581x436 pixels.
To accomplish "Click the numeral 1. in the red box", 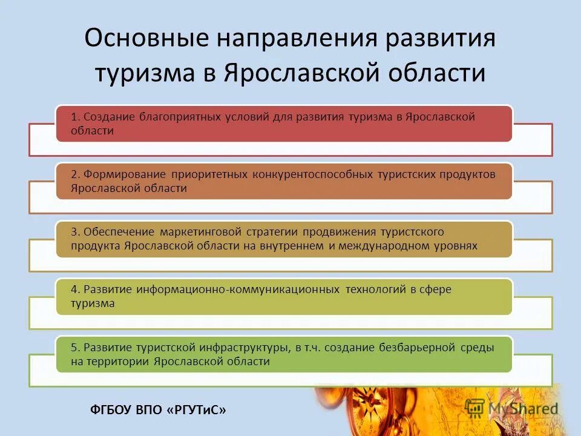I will click(74, 117).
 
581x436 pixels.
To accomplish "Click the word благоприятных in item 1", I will click(177, 117).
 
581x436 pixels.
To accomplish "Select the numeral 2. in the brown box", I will click(75, 174).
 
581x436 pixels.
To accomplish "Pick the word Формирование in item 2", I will click(125, 174).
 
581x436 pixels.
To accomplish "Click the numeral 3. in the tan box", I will click(75, 232).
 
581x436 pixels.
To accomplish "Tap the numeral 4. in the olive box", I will click(75, 289).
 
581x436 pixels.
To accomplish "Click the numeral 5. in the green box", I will click(75, 347).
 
